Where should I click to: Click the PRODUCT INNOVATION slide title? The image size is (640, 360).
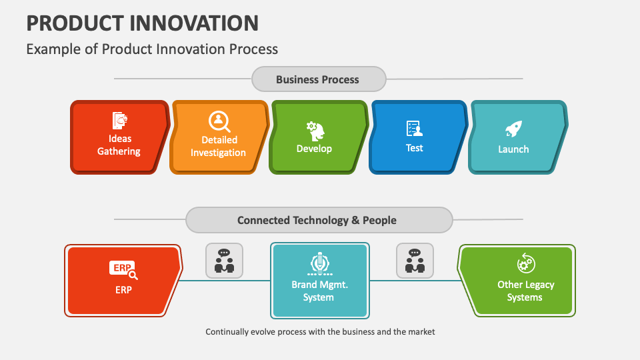point(142,23)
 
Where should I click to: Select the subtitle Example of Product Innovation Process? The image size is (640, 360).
point(152,49)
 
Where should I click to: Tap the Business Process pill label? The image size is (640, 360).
point(318,79)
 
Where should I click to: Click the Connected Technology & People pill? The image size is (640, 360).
point(317,220)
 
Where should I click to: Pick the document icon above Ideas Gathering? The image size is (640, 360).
point(120,120)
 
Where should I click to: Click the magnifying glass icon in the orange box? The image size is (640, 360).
point(219,121)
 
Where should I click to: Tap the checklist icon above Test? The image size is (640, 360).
point(415,129)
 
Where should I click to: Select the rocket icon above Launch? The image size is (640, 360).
point(513,129)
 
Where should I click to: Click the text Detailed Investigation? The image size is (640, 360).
point(219,147)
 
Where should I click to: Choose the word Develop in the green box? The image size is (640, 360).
point(314,149)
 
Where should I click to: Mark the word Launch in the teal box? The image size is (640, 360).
point(513,149)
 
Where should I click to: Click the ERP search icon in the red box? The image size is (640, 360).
point(123,269)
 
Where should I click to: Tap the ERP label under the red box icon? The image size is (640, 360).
point(123,290)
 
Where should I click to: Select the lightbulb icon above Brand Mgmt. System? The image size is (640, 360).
point(319,264)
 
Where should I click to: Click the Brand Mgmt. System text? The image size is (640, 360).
point(319,291)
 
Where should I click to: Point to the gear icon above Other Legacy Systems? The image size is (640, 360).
point(525,263)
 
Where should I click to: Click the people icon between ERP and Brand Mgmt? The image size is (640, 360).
point(224,261)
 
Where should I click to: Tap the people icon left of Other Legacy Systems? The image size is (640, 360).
point(415,261)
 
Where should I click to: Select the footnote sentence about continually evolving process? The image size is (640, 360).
point(320,331)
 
